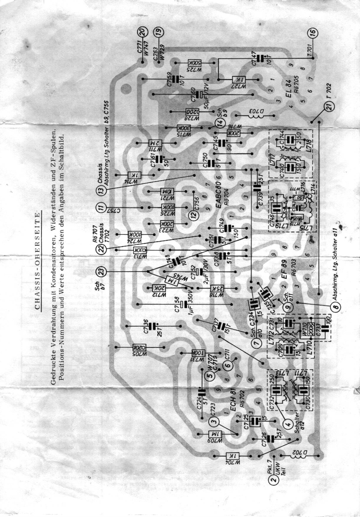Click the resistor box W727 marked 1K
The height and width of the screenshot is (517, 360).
[237, 80]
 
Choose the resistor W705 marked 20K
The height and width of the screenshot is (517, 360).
[140, 347]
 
